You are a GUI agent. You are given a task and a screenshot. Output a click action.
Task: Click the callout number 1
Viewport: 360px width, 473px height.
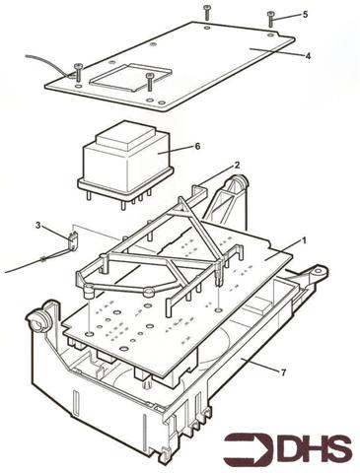pos(304,239)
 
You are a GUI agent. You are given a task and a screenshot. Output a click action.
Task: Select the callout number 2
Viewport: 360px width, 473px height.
pos(236,166)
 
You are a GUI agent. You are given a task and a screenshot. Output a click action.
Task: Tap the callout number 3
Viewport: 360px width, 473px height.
pos(38,226)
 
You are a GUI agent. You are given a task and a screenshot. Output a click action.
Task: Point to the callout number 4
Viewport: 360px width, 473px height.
pos(307,56)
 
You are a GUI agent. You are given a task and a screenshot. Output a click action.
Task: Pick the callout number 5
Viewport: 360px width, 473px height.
pos(305,15)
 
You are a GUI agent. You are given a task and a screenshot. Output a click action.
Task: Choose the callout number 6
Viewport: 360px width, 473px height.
pos(196,146)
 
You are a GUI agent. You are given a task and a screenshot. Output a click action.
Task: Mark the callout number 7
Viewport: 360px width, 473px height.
pos(283,372)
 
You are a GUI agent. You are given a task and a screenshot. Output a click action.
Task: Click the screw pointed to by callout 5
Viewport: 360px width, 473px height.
pos(270,17)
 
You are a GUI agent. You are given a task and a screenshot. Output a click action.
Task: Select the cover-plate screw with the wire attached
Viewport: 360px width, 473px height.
pos(77,72)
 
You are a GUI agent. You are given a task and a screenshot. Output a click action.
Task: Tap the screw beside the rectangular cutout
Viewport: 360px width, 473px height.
pos(149,81)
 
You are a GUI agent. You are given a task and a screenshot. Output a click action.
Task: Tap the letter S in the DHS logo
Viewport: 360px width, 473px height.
pos(338,448)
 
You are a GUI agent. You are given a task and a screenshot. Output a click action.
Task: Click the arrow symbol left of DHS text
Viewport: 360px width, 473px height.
pos(247,448)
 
